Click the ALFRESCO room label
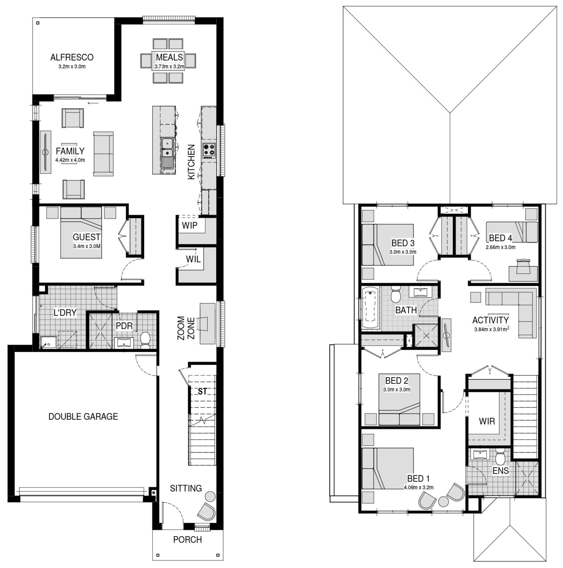72,57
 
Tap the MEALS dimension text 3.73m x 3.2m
169,67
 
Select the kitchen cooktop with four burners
208,150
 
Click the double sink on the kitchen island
168,147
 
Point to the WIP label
190,225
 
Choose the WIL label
193,259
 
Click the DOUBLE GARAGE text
83,416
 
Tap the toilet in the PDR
146,339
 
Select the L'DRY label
65,313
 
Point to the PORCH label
187,540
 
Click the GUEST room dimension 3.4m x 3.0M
87,246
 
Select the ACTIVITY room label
491,320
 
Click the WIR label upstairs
486,421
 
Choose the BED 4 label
501,238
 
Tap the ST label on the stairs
202,391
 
